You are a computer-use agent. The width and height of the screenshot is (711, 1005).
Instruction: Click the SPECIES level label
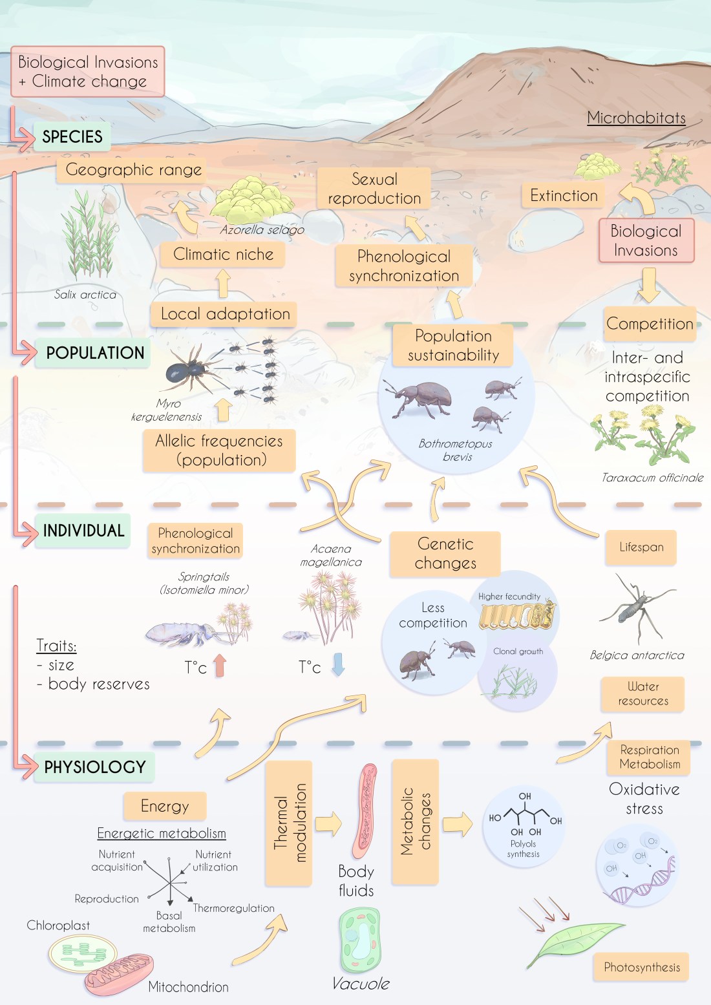72,137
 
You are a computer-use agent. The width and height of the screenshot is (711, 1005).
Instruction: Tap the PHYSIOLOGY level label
94,767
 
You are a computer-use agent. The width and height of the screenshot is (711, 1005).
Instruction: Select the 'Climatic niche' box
223,254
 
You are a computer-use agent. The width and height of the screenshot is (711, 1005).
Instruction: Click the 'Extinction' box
564,196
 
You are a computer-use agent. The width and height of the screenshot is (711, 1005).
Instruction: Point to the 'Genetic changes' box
445,554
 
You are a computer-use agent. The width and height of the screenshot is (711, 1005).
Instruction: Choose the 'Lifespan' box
641,547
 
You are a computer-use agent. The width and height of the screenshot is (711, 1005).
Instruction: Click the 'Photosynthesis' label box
641,968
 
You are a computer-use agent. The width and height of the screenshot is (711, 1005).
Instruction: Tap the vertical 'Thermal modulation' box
289,823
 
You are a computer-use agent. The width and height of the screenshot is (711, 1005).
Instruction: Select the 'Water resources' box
642,694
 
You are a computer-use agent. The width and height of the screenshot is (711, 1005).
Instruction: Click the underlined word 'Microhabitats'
636,118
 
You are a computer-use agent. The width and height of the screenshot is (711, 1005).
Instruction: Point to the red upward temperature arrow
220,665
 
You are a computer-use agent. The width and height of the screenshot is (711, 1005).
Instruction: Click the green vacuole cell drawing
360,940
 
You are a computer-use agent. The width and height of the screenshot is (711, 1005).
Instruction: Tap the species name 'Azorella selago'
262,230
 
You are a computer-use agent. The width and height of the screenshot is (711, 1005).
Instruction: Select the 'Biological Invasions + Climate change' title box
88,72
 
